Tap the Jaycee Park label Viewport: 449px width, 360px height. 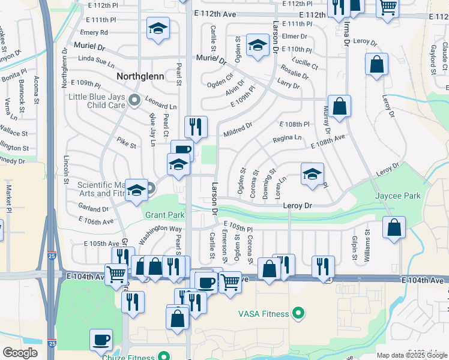click(x=397, y=196)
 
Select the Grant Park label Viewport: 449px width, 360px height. click(x=164, y=214)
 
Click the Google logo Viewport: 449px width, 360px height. click(x=20, y=353)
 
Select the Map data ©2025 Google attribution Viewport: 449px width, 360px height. click(x=411, y=355)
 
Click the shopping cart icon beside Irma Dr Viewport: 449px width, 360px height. click(x=388, y=7)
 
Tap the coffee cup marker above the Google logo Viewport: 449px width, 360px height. click(x=101, y=340)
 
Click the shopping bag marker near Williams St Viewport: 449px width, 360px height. click(x=394, y=228)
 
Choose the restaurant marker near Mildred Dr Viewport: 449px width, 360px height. click(x=196, y=126)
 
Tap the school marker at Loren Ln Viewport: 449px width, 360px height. click(x=312, y=174)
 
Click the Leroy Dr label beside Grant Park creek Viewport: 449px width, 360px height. click(x=298, y=206)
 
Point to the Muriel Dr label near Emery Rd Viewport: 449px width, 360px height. click(x=89, y=46)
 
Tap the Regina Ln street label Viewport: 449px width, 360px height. click(x=287, y=137)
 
